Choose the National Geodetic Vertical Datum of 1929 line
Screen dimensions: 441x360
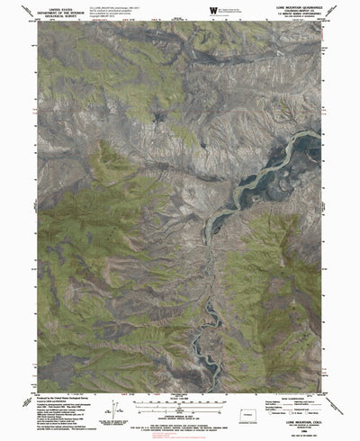click(180, 406)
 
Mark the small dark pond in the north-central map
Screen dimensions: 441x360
click(159, 118)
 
